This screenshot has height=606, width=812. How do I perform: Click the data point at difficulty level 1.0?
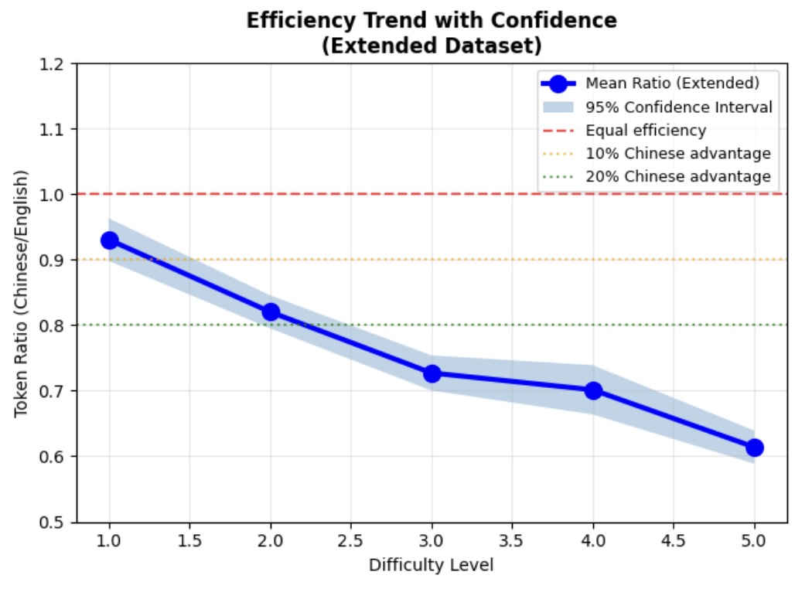pyautogui.click(x=109, y=240)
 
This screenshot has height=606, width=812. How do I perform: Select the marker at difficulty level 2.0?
pyautogui.click(x=271, y=312)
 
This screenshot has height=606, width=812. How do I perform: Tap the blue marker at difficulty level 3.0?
pyautogui.click(x=432, y=373)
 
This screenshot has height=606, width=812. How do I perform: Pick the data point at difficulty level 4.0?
pyautogui.click(x=593, y=390)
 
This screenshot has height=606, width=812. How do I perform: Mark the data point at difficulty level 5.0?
pyautogui.click(x=755, y=448)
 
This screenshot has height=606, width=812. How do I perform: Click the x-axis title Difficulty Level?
pyautogui.click(x=431, y=565)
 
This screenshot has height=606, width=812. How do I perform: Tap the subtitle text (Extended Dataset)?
pyautogui.click(x=431, y=45)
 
